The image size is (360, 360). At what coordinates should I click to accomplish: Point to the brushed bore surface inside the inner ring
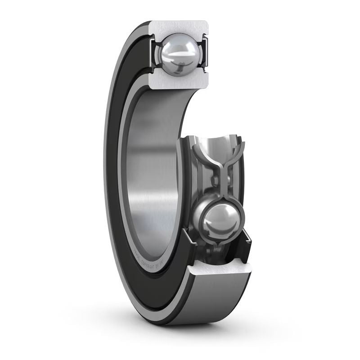click(x=153, y=171)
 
